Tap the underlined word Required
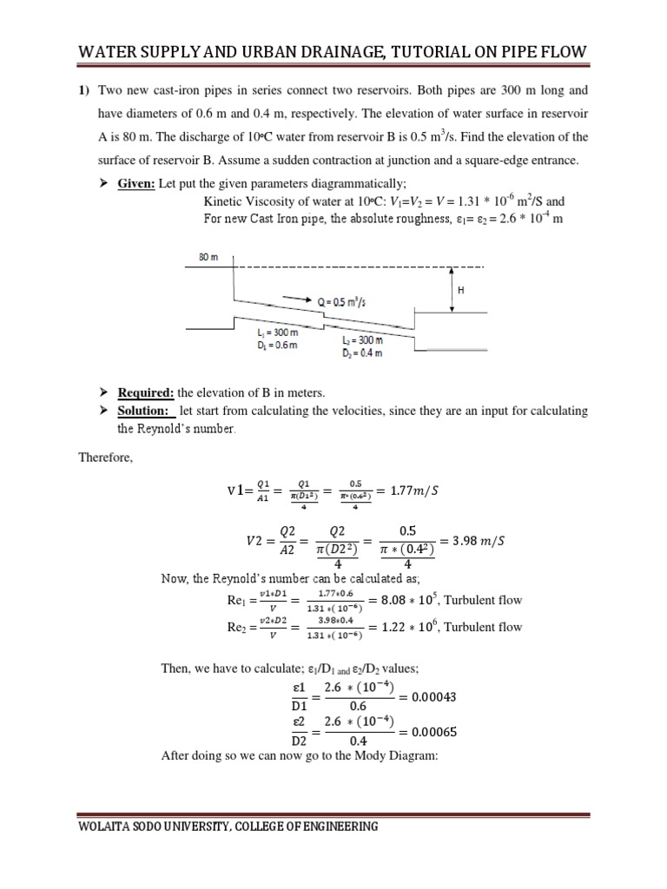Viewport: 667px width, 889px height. click(x=145, y=392)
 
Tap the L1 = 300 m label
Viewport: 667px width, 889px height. click(x=276, y=334)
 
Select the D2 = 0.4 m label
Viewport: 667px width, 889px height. click(x=365, y=353)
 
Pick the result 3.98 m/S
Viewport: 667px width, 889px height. click(x=472, y=540)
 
